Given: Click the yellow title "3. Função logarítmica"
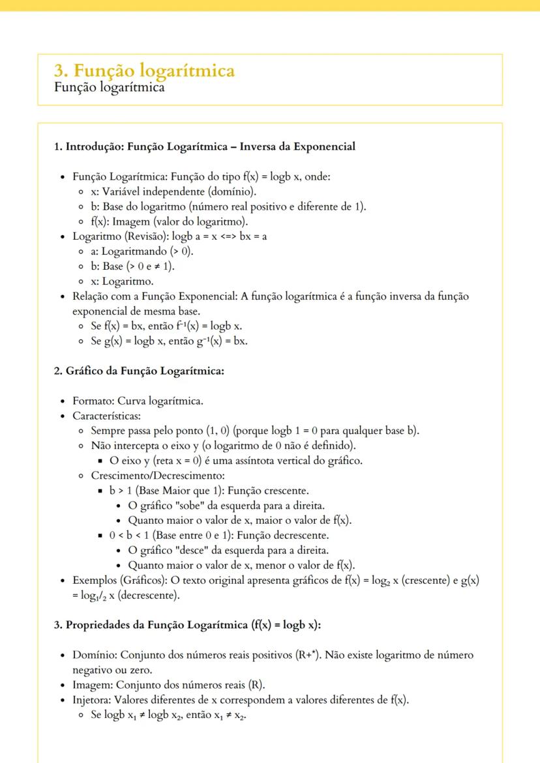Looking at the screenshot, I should pos(144,70).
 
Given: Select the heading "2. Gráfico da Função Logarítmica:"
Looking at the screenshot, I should pos(139,371).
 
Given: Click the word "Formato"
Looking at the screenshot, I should pos(92,401).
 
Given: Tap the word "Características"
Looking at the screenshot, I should pos(106,416).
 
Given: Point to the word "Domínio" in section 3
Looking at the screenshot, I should pos(94,654).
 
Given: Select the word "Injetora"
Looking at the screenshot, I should pos(93,699).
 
